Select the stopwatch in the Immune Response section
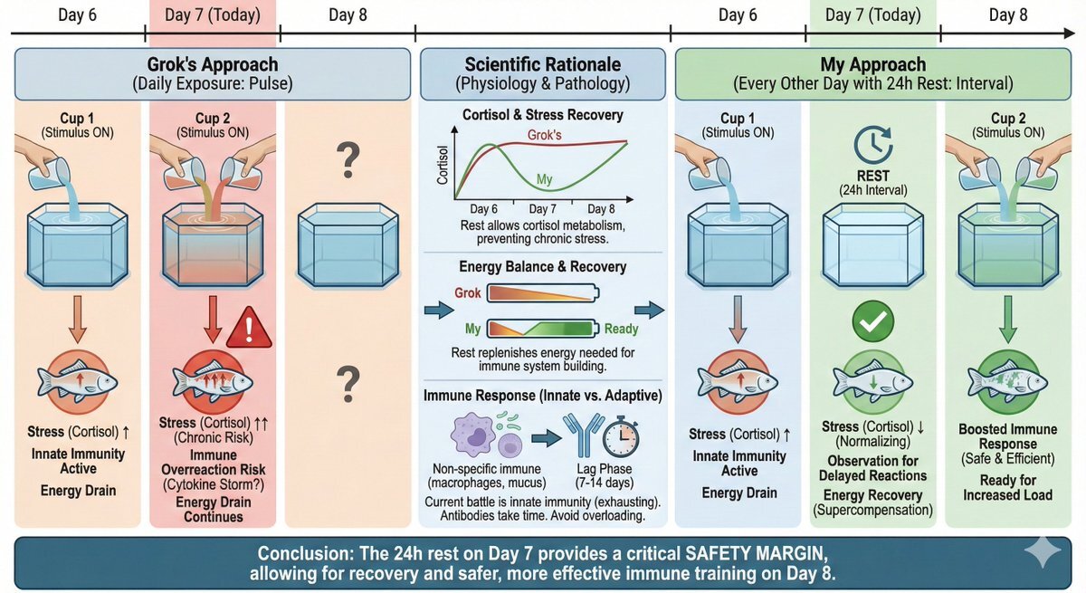point(619,435)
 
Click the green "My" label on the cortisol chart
point(544,180)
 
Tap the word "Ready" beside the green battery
point(623,330)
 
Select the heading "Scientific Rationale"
point(543,64)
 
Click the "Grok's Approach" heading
point(213,64)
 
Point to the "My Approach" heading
point(872,64)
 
